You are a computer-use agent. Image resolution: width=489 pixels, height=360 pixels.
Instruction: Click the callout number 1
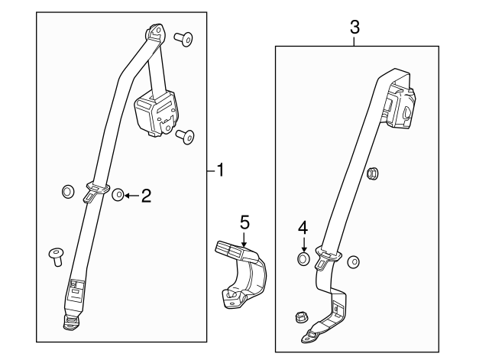click(x=221, y=170)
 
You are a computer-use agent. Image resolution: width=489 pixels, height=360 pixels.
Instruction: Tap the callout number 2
click(x=146, y=196)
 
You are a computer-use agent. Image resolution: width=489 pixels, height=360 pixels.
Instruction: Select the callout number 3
click(x=355, y=28)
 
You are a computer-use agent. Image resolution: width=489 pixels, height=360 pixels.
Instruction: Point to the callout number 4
click(x=303, y=228)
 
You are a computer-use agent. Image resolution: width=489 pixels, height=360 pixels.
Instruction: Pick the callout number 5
click(x=244, y=222)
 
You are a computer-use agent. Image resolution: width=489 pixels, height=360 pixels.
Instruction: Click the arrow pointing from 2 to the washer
click(x=132, y=196)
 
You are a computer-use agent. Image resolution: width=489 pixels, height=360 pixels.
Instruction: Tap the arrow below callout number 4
click(x=304, y=244)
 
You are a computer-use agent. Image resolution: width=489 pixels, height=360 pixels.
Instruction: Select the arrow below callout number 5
click(x=244, y=239)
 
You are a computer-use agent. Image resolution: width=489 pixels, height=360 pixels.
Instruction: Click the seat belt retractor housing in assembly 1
click(x=156, y=112)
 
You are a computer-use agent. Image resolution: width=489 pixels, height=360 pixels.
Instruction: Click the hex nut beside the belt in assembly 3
click(x=373, y=174)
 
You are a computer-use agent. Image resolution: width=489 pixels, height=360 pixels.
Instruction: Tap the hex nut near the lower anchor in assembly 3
click(x=301, y=317)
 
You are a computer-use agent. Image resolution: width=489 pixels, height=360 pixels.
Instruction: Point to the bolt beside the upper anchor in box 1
click(x=183, y=39)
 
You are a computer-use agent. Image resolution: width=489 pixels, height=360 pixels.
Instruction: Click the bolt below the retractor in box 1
click(x=185, y=137)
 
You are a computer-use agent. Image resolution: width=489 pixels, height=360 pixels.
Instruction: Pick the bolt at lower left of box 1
click(x=56, y=257)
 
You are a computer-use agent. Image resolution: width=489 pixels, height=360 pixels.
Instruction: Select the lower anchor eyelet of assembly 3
click(x=310, y=336)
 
